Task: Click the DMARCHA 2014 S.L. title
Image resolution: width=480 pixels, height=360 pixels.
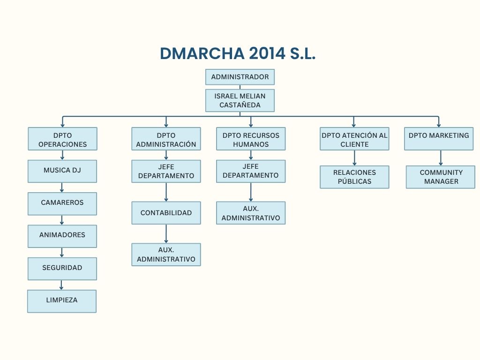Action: (x=238, y=53)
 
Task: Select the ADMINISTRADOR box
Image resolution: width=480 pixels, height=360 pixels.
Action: (x=240, y=77)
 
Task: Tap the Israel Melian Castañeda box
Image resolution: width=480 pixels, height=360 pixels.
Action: (x=240, y=100)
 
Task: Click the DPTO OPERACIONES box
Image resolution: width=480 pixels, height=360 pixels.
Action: (x=62, y=139)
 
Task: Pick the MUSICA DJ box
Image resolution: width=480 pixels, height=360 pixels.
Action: (x=62, y=172)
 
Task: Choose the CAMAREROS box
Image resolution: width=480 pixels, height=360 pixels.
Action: (x=62, y=204)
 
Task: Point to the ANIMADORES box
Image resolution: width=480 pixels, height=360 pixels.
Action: (x=62, y=236)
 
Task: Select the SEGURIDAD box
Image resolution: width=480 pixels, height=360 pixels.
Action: (x=62, y=269)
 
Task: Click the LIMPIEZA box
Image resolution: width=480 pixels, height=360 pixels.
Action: (x=62, y=301)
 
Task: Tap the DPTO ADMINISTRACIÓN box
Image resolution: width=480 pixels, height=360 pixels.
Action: (x=166, y=139)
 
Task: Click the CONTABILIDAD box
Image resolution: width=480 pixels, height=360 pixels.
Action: (x=166, y=213)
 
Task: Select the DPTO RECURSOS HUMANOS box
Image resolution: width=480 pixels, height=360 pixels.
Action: (x=251, y=139)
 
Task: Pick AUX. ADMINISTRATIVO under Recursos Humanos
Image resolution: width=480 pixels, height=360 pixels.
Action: (x=251, y=213)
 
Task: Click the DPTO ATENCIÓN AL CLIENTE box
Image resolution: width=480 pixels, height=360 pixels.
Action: (x=354, y=139)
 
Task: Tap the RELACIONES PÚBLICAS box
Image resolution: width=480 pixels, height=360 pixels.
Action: (x=354, y=177)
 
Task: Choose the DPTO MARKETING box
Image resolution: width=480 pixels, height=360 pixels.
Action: (x=439, y=139)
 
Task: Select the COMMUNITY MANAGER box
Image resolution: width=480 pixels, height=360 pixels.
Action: (x=441, y=177)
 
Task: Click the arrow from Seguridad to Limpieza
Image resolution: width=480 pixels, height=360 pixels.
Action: (x=61, y=285)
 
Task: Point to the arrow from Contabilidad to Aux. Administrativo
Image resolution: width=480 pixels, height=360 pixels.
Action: (x=166, y=234)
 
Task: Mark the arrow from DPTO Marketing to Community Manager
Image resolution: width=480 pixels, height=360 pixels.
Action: (x=441, y=158)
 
